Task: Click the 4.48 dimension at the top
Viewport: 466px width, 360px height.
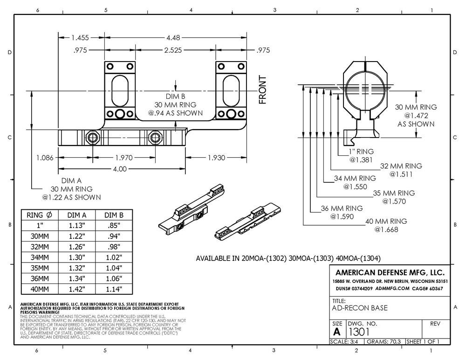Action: click(173, 38)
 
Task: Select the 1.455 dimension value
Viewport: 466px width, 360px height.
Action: click(80, 38)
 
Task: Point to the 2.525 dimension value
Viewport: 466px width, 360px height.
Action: click(173, 50)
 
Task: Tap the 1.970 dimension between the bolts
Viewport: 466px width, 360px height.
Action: click(124, 158)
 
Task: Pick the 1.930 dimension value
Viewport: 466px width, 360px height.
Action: click(216, 158)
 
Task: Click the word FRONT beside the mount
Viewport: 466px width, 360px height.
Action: click(263, 90)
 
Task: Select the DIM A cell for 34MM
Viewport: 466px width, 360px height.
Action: click(77, 257)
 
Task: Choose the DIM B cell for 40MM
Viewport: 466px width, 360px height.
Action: click(114, 289)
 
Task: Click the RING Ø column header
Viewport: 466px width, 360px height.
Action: click(40, 215)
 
